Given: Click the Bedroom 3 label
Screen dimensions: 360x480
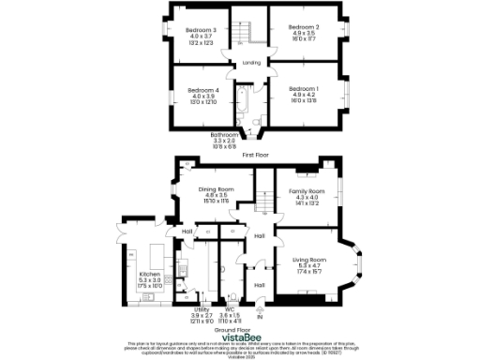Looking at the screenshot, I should (x=202, y=30).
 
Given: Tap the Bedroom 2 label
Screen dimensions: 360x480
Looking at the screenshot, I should (x=304, y=27).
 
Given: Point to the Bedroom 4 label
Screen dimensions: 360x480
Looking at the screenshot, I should (x=203, y=88).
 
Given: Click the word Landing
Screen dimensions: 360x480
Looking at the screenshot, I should (x=251, y=63).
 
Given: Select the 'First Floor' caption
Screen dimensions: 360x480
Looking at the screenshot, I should (x=255, y=153).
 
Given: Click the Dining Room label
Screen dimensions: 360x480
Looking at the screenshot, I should (x=216, y=189).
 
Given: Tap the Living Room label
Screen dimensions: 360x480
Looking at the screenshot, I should (x=308, y=259).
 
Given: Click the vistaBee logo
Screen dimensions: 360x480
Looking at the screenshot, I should (x=240, y=339).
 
